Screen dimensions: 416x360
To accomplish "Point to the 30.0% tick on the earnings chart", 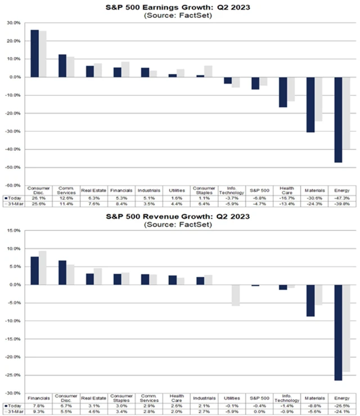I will pos(13,23).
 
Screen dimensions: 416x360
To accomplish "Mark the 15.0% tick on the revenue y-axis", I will pos(13,231).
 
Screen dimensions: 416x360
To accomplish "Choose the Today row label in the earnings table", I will pos(13,198).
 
